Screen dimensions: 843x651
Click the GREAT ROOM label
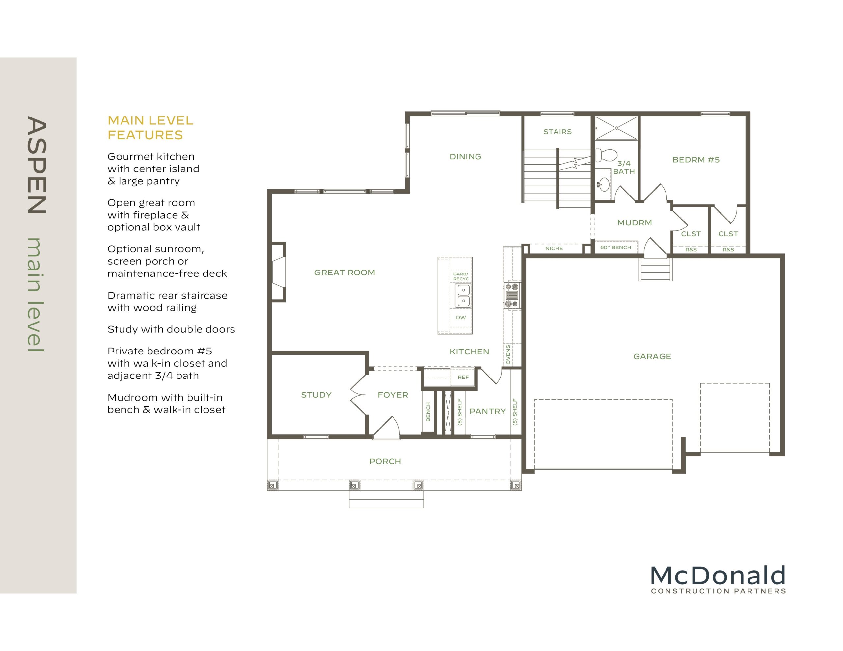(x=344, y=273)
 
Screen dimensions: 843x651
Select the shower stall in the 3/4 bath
(x=616, y=128)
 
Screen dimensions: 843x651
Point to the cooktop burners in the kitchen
(x=512, y=296)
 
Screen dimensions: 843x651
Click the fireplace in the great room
(x=278, y=272)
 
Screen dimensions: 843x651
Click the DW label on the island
(x=461, y=317)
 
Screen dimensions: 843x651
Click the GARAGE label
(x=652, y=356)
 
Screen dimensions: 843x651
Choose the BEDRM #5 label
(x=695, y=160)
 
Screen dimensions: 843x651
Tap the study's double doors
(x=358, y=395)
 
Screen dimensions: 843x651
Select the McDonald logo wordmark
(x=718, y=575)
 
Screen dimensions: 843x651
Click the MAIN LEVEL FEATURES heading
(x=150, y=128)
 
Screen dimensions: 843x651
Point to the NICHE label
(x=554, y=248)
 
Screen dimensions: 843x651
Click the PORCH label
(x=385, y=461)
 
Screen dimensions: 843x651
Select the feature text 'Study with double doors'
(x=171, y=329)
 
